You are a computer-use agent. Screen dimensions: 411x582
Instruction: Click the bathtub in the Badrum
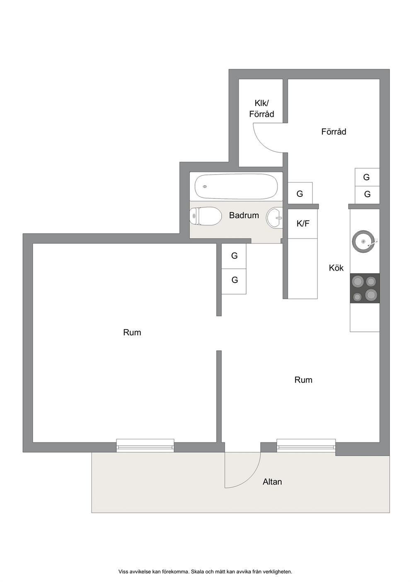click(236, 186)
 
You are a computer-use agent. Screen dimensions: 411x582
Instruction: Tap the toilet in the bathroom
click(205, 216)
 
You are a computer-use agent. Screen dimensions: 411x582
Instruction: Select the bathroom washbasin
click(274, 218)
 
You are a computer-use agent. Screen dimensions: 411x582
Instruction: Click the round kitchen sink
click(363, 241)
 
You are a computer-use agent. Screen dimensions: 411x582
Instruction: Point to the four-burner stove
click(365, 288)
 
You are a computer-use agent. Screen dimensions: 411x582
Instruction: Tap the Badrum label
click(244, 215)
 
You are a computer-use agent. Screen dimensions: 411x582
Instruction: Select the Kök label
click(336, 268)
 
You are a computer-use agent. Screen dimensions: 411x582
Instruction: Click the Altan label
click(272, 482)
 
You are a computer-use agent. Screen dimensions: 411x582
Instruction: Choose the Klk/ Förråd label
click(261, 109)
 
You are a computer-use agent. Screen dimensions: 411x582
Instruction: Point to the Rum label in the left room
click(132, 332)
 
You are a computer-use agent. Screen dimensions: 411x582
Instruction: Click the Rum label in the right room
click(303, 380)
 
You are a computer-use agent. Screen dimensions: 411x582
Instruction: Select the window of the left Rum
click(145, 446)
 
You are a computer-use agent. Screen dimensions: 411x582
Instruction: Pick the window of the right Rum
click(306, 446)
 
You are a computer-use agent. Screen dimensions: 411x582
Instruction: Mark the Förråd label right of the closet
click(334, 131)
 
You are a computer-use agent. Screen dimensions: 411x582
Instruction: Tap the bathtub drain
click(205, 187)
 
